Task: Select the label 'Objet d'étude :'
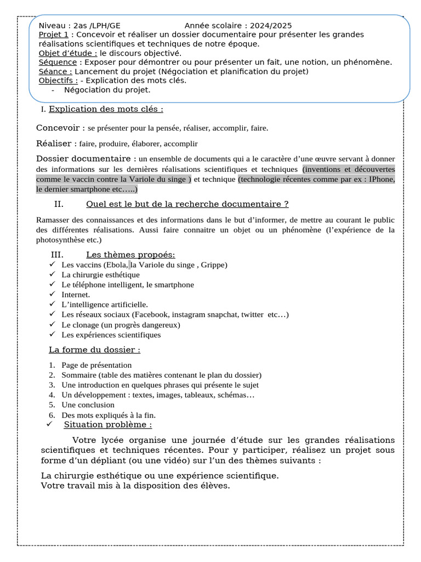68,53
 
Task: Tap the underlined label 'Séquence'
57,62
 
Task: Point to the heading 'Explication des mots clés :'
106,109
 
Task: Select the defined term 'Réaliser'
56,143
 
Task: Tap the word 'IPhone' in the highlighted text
382,179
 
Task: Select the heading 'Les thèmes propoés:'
130,255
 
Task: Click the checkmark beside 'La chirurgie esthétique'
52,274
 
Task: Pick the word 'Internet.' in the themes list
76,294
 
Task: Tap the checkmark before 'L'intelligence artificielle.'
52,304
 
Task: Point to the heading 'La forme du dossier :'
94,350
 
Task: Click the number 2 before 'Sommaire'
52,375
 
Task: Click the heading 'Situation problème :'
108,424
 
